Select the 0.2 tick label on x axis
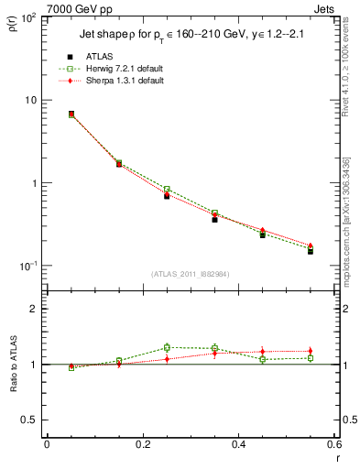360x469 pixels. (142, 444)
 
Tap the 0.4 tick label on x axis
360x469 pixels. (238, 444)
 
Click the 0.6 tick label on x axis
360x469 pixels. (333, 444)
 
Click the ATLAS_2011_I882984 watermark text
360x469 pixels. (191, 273)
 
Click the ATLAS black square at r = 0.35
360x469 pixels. (214, 220)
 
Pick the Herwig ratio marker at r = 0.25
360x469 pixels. (167, 347)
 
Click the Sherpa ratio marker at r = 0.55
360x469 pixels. (311, 351)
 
